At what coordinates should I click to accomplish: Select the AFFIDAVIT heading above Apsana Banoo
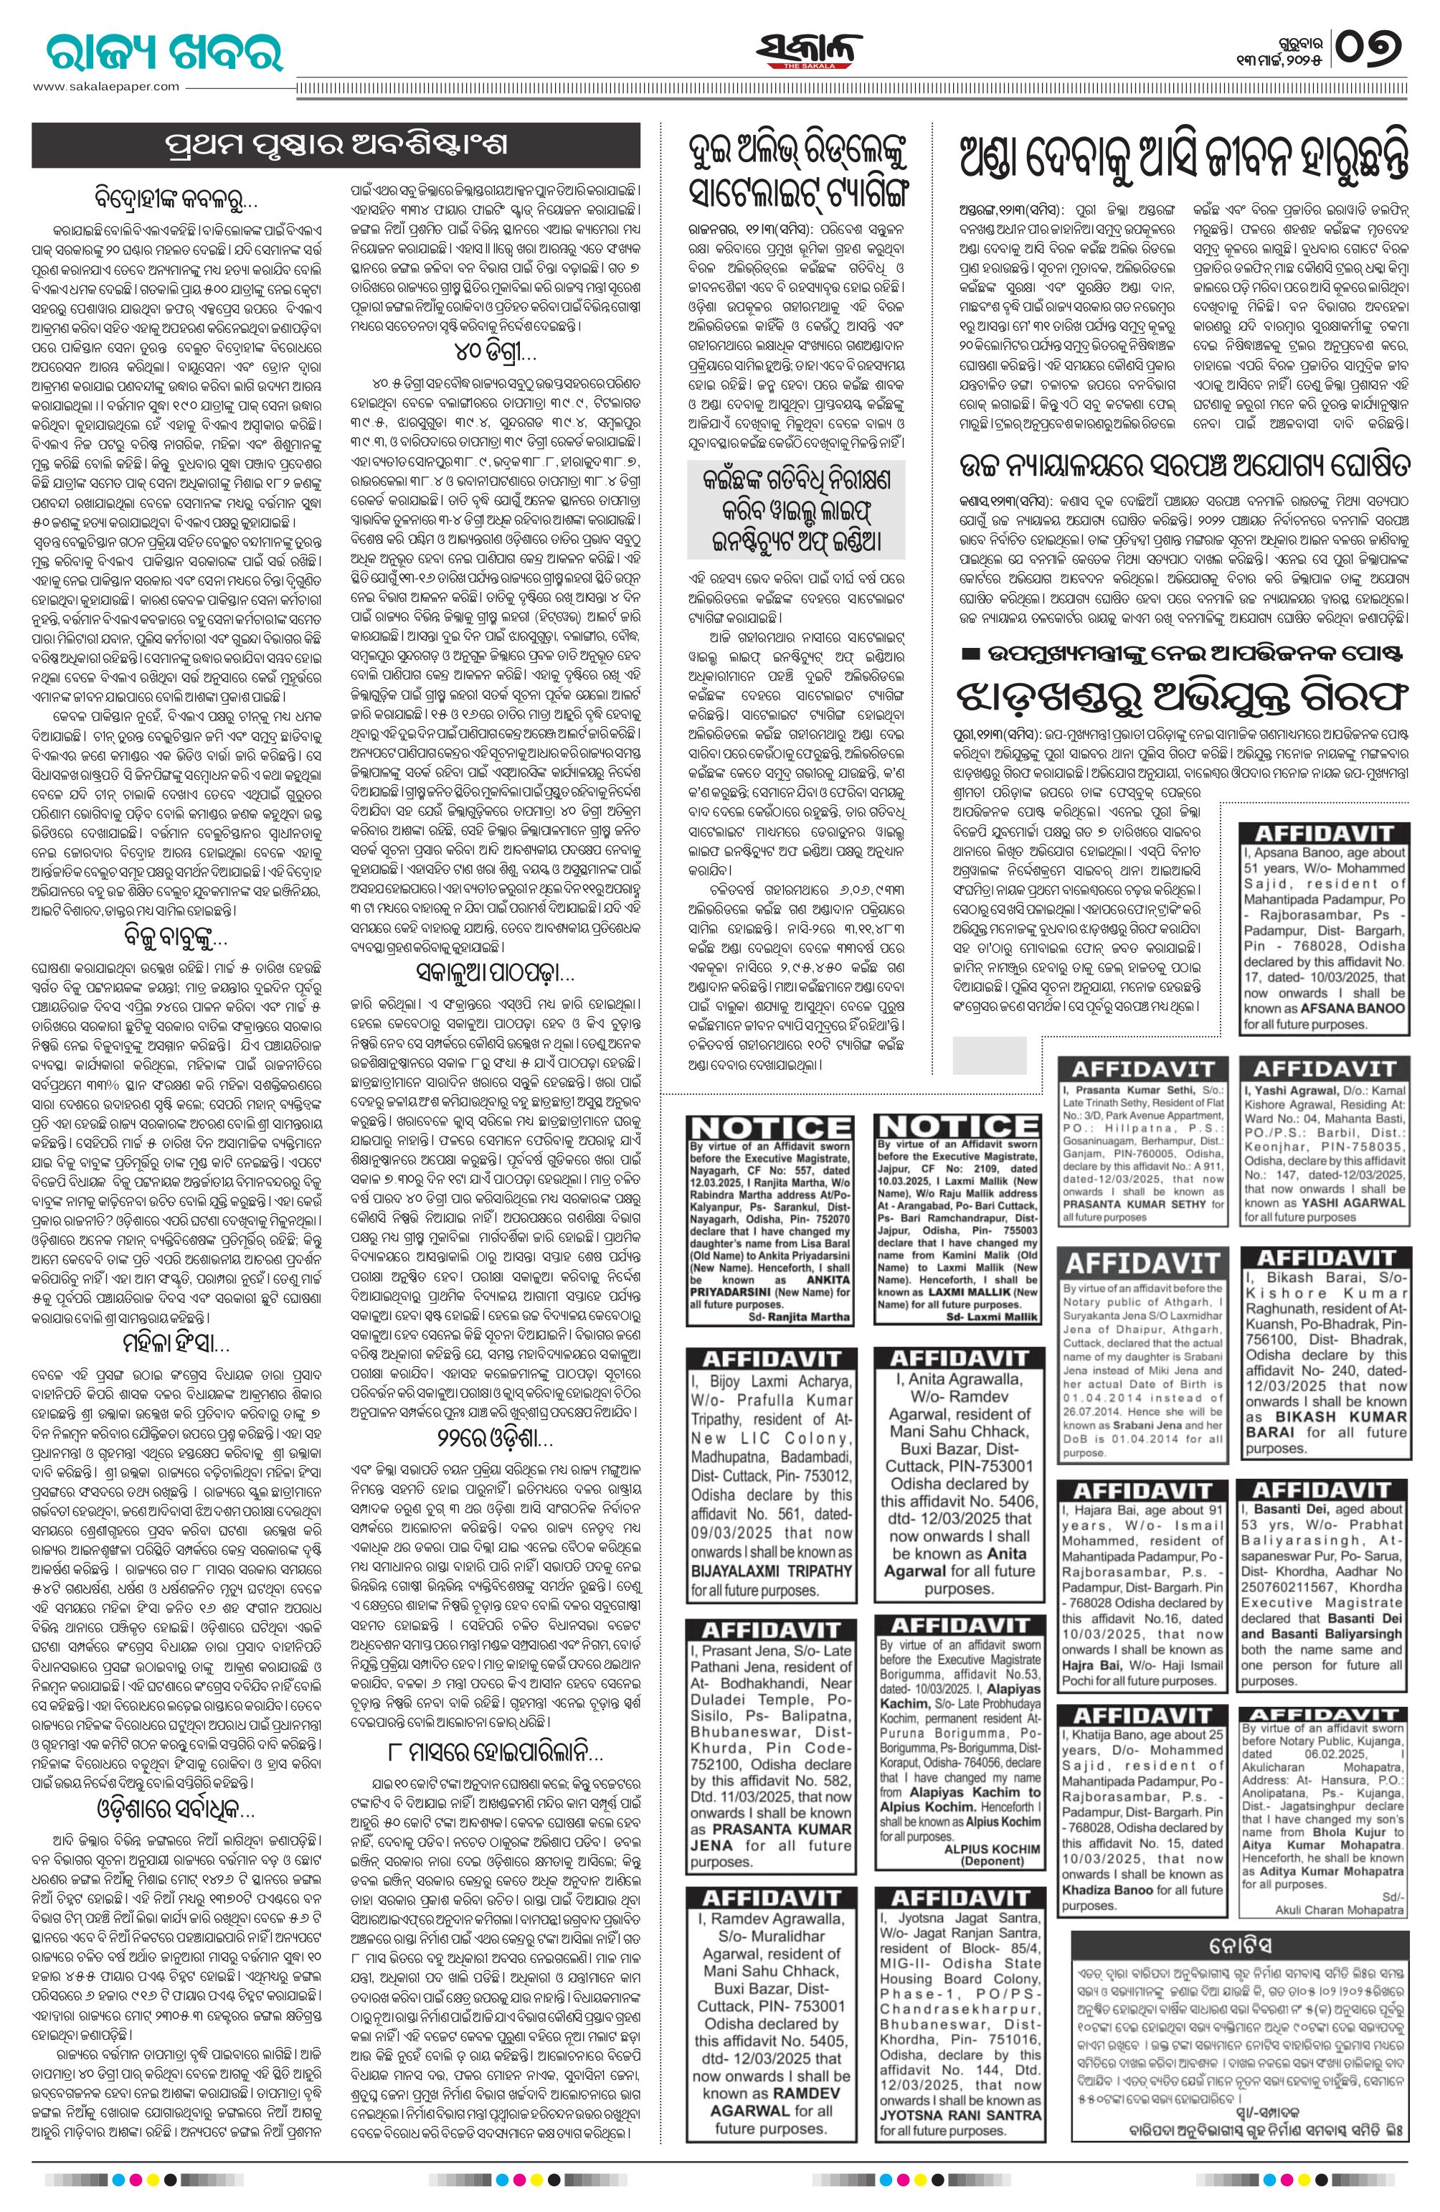1323,833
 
